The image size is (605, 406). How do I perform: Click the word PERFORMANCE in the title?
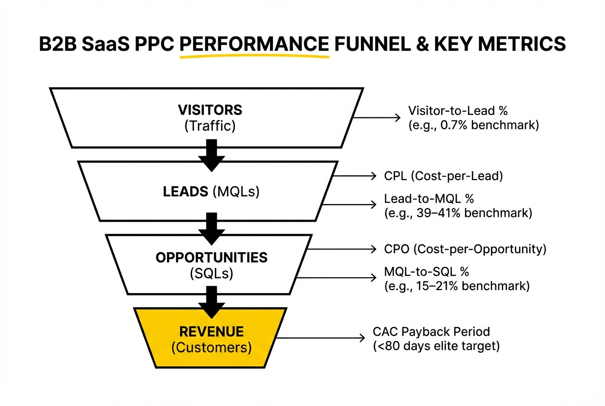(x=254, y=44)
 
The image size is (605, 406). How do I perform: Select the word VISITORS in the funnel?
(x=210, y=110)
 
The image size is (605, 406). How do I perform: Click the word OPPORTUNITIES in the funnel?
(x=211, y=257)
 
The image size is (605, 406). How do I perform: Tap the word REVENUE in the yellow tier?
(x=211, y=332)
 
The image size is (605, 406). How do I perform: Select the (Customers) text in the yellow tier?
(x=211, y=347)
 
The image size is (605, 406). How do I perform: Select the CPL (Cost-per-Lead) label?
(x=443, y=176)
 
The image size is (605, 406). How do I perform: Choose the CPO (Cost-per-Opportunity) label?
(x=465, y=249)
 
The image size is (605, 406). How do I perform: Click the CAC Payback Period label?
(x=431, y=331)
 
